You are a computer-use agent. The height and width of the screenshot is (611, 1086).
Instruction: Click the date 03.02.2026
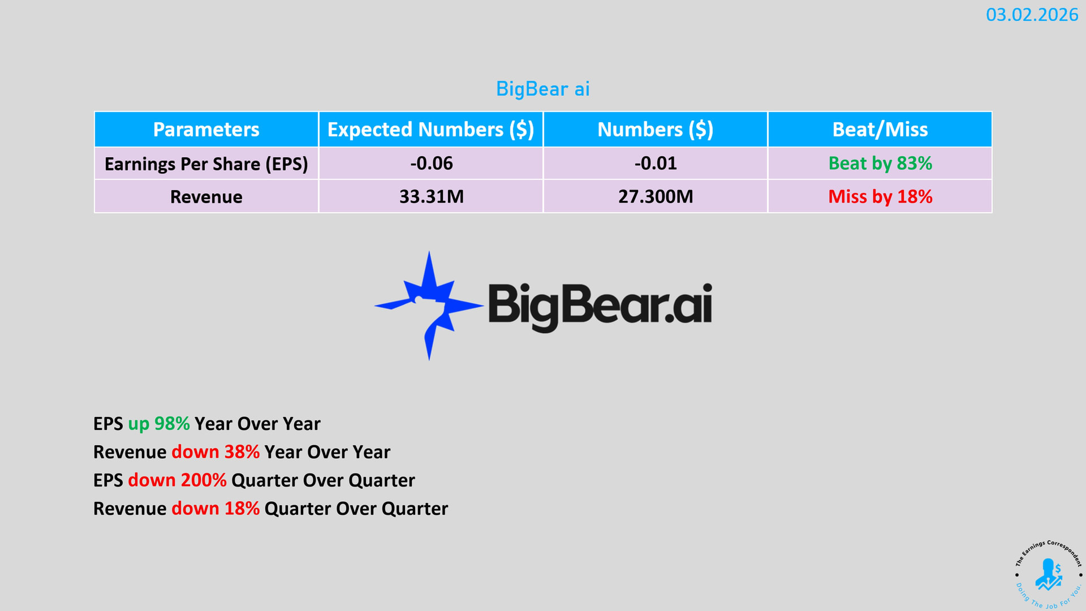point(1032,15)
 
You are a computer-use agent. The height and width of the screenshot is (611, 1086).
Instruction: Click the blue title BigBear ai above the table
point(543,89)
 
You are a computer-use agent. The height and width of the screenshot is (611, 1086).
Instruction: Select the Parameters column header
point(206,130)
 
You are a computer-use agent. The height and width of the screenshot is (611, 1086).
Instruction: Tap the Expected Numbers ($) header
point(431,130)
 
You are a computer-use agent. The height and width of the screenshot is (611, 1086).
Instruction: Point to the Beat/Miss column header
point(880,130)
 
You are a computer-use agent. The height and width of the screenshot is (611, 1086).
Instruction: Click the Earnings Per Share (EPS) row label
point(206,164)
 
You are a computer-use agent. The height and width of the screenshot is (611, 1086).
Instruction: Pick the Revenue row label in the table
point(206,197)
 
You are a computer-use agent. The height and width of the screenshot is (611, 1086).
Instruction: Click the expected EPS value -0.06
point(432,163)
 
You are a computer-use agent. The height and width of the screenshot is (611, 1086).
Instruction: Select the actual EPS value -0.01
point(656,163)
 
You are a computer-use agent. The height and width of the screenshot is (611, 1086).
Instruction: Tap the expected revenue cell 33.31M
point(432,197)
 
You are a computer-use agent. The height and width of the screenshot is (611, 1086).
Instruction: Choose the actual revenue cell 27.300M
point(656,197)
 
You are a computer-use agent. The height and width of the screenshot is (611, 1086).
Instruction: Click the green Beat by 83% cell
point(880,163)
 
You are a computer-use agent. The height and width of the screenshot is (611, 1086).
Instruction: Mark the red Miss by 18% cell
point(880,197)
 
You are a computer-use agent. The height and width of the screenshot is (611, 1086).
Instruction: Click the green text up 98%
point(159,424)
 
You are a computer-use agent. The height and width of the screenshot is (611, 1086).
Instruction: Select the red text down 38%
point(216,452)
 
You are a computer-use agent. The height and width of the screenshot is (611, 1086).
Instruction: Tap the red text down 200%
point(177,480)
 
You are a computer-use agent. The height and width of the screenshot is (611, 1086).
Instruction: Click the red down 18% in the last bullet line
point(216,509)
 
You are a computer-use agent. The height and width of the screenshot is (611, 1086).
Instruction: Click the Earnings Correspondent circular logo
point(1048,575)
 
